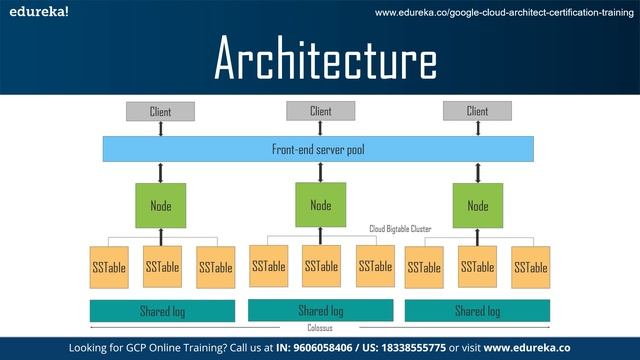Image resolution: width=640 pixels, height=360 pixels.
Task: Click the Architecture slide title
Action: (x=325, y=60)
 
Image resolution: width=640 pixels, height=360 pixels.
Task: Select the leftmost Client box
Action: (x=160, y=111)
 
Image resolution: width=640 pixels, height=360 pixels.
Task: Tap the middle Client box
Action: (x=320, y=111)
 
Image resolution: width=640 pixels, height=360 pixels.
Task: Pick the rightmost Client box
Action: (x=477, y=111)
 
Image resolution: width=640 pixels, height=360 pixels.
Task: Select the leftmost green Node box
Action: (x=160, y=205)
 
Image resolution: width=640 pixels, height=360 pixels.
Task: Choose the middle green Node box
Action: (x=320, y=205)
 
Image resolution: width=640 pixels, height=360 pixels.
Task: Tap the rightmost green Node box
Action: (x=477, y=205)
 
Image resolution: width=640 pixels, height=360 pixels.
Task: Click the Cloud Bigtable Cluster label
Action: (x=400, y=229)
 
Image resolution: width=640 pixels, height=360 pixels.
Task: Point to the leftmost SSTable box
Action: (x=108, y=267)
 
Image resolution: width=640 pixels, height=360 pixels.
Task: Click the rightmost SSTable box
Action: (x=530, y=267)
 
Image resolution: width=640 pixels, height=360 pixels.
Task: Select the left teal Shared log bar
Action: (x=162, y=311)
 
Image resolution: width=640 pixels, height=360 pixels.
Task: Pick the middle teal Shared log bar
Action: (x=321, y=310)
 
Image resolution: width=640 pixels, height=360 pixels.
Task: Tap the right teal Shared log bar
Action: (x=477, y=310)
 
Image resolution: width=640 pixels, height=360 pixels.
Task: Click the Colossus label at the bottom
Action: (x=321, y=328)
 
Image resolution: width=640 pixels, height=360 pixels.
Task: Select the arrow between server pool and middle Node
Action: (x=320, y=172)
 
